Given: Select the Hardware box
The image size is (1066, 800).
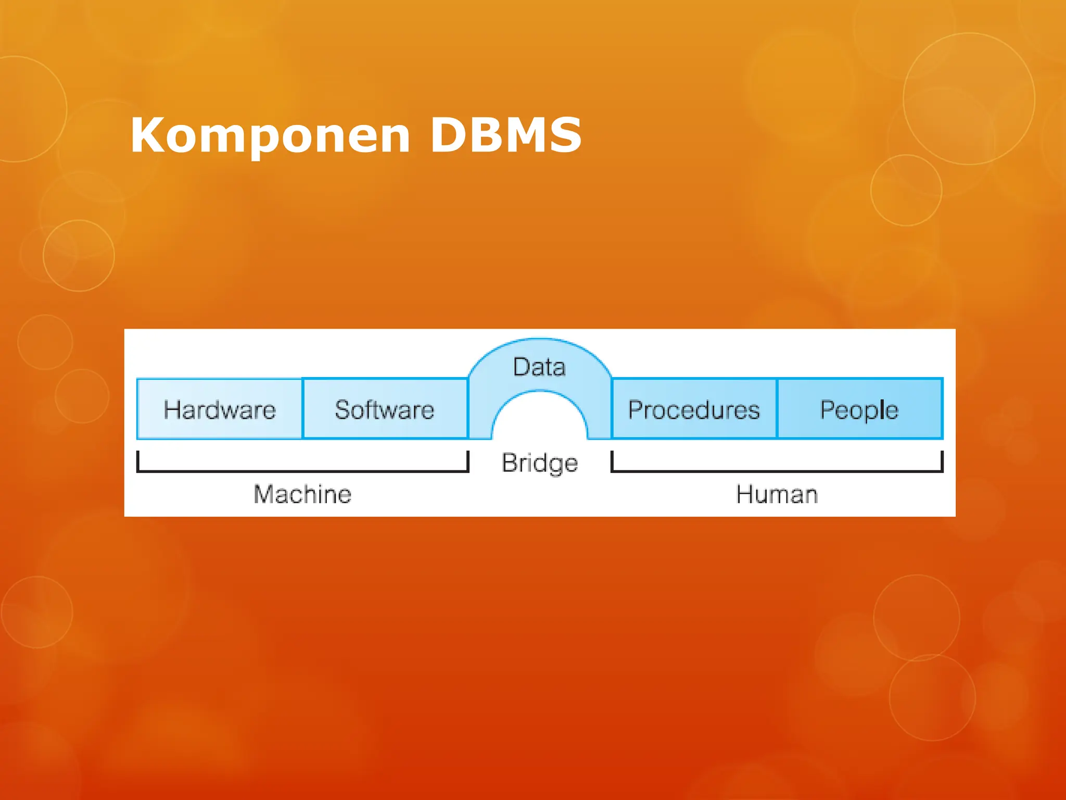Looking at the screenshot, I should pyautogui.click(x=219, y=409).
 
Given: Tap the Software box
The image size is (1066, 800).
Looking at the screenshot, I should pyautogui.click(x=385, y=409).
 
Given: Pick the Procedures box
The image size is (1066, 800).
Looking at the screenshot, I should pyautogui.click(x=694, y=409).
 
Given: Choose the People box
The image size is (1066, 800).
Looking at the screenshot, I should pyautogui.click(x=859, y=409).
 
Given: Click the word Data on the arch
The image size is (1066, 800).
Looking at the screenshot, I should pyautogui.click(x=539, y=367).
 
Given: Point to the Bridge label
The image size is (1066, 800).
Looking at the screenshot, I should pyautogui.click(x=540, y=463).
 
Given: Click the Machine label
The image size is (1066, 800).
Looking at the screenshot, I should pyautogui.click(x=302, y=494).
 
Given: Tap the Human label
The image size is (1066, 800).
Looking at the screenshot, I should pyautogui.click(x=777, y=494).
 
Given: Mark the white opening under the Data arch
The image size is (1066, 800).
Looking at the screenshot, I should pyautogui.click(x=540, y=419).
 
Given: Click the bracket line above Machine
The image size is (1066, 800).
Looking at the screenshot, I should pyautogui.click(x=302, y=471).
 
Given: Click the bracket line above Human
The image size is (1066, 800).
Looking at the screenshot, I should pyautogui.click(x=777, y=471).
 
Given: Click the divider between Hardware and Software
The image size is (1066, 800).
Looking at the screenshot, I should pyautogui.click(x=302, y=409).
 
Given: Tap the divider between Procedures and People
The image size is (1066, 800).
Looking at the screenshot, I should pyautogui.click(x=777, y=409).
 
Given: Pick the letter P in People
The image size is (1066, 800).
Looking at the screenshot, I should pyautogui.click(x=827, y=409).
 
